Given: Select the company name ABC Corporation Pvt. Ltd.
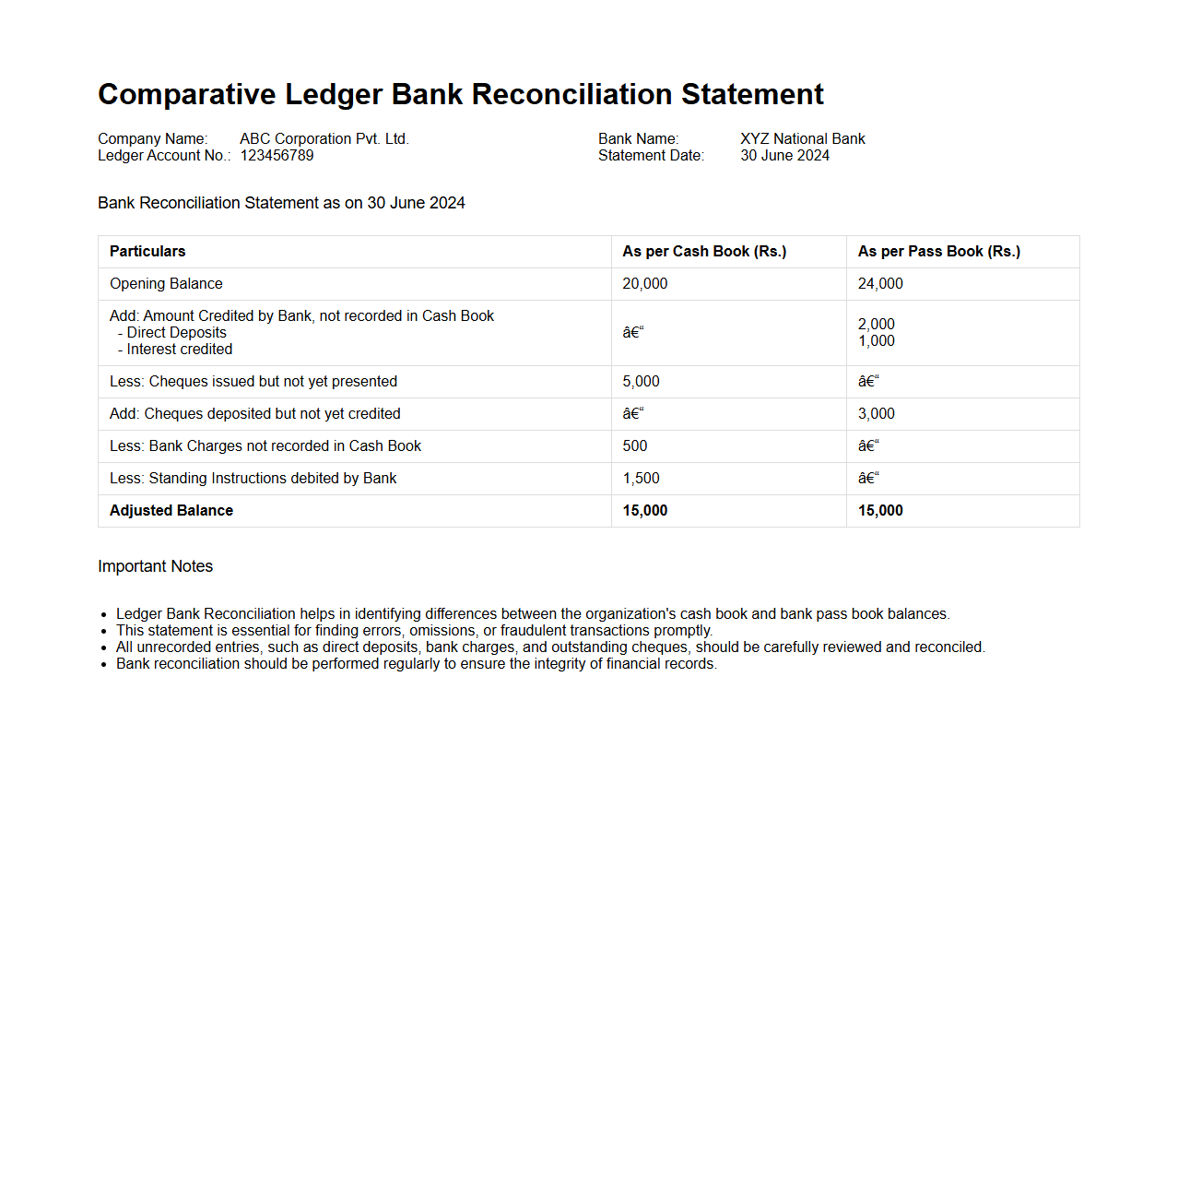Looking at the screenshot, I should [324, 139].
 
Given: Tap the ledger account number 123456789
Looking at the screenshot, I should [277, 156].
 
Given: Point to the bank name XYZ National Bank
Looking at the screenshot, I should [802, 139].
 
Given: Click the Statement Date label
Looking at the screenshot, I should [651, 156].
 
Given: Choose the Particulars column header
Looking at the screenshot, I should [147, 252].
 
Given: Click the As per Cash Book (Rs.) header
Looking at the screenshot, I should [704, 252].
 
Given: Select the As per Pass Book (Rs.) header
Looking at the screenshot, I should [938, 252].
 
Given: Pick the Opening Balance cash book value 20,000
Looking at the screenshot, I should [644, 284].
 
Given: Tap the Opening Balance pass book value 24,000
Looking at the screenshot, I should [880, 284].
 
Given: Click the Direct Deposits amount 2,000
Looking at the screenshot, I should [876, 325].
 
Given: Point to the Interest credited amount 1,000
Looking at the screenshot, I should [876, 341].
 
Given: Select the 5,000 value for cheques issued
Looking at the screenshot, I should [641, 382].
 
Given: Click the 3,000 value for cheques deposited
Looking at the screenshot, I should [876, 414].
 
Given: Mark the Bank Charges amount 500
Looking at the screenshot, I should [634, 446].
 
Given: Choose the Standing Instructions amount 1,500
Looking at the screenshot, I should [641, 479].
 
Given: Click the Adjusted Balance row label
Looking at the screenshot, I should [171, 511].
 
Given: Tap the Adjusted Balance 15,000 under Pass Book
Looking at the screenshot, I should [880, 511].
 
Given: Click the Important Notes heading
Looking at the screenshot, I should [155, 566].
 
